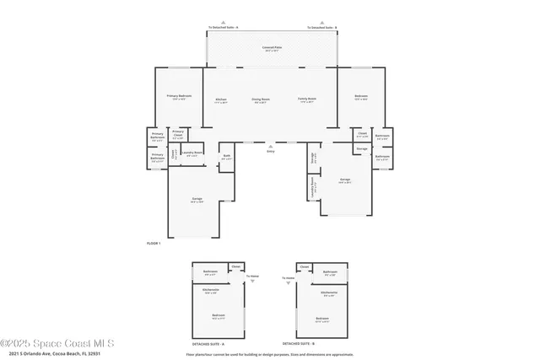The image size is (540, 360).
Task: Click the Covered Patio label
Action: pyautogui.click(x=272, y=48)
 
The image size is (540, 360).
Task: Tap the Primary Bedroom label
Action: pyautogui.click(x=179, y=96)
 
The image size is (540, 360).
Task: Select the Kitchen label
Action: pyautogui.click(x=221, y=99)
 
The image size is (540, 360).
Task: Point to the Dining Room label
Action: pyautogui.click(x=261, y=99)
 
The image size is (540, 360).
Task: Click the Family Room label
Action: pyautogui.click(x=306, y=99)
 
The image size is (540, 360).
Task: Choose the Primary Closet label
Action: pyautogui.click(x=178, y=132)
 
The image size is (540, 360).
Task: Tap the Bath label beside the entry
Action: pyautogui.click(x=226, y=156)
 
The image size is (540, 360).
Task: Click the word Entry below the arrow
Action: pyautogui.click(x=271, y=151)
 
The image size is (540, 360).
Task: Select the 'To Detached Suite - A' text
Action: pyautogui.click(x=223, y=28)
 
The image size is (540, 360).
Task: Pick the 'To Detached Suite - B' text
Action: pyautogui.click(x=321, y=28)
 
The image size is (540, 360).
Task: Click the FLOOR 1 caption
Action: pyautogui.click(x=154, y=243)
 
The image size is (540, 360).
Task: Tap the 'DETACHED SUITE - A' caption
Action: pyautogui.click(x=218, y=344)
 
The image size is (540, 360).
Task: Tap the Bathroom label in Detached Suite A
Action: pyautogui.click(x=211, y=271)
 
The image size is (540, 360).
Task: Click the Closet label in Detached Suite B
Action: pyautogui.click(x=305, y=266)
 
